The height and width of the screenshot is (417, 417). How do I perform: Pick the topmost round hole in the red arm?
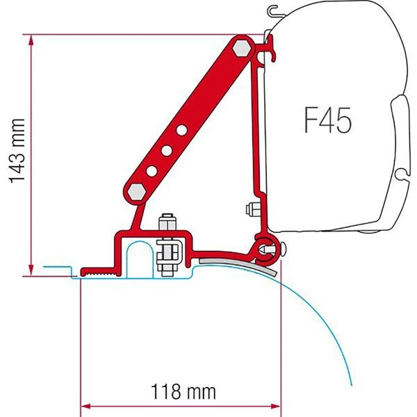(x=181, y=129)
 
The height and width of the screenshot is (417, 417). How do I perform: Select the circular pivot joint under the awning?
(x=267, y=245)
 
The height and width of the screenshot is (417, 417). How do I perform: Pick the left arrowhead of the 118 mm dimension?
(x=85, y=405)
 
